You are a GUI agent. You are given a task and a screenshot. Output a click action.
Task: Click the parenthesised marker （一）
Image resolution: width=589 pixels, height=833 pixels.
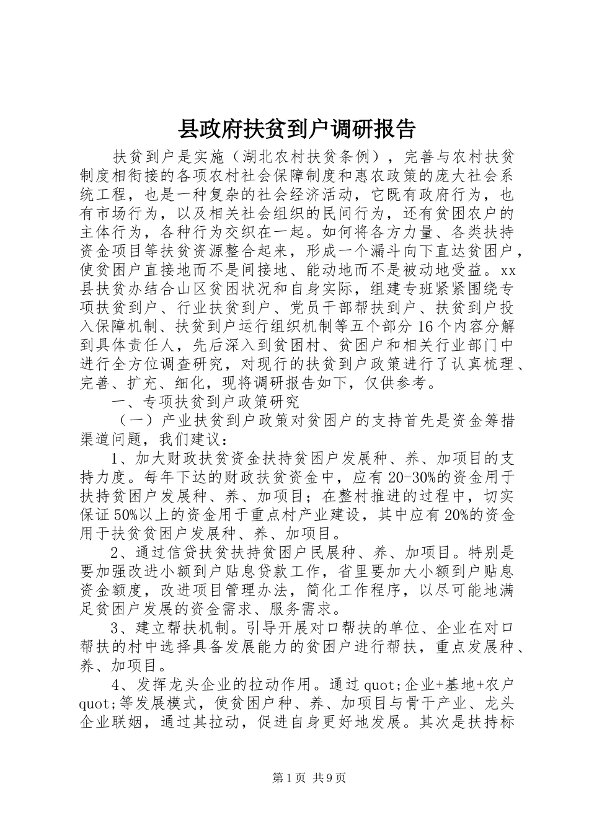click(x=135, y=420)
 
